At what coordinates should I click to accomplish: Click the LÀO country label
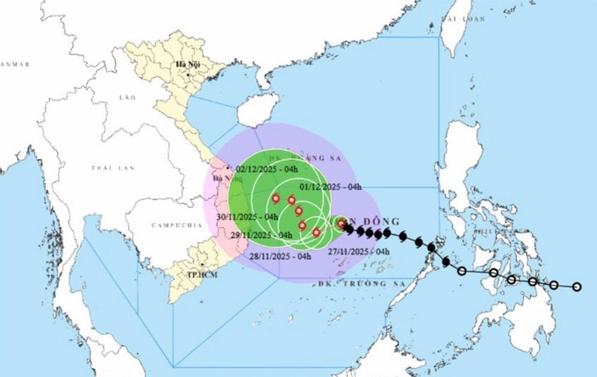(127, 98)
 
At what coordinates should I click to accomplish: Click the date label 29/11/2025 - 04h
(264, 235)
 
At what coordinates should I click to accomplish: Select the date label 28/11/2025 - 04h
(281, 256)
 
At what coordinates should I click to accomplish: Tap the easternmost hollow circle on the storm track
(578, 288)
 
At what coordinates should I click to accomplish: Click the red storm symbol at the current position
(341, 223)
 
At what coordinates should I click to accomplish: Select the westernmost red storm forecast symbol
(275, 198)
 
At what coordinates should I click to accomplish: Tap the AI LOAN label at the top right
(464, 17)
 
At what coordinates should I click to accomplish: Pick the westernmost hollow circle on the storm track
(462, 270)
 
